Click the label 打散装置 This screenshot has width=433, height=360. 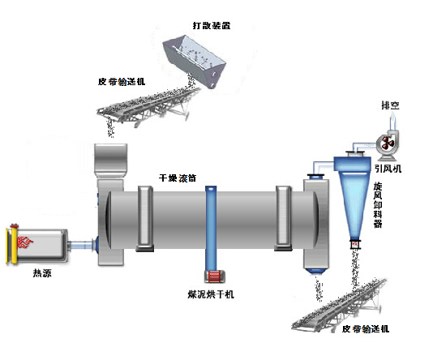coord(212,25)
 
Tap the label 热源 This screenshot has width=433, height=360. coord(42,273)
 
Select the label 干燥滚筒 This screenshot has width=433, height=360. coord(178,178)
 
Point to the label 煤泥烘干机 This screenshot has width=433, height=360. coord(211,294)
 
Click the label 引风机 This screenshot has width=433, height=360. coord(388,169)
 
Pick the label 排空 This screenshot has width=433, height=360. coord(391,105)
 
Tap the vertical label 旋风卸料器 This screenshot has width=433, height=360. coord(378,205)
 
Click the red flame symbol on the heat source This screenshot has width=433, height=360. coord(25,242)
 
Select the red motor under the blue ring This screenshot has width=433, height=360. coord(215,276)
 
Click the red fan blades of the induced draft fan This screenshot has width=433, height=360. coord(388,144)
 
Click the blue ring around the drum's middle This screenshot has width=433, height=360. coord(211,229)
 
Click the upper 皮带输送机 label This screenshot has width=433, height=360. coord(122,82)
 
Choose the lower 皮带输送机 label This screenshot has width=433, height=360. coord(366,329)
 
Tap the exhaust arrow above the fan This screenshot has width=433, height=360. coord(393,121)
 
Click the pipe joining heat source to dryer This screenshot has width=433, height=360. coord(81,246)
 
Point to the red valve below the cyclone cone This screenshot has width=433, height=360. coord(354,244)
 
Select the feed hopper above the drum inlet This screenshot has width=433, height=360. coord(111,160)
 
